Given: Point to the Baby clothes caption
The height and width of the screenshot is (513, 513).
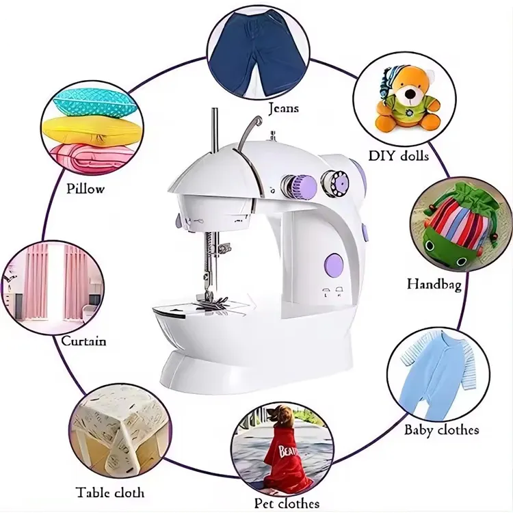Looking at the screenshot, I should click(x=442, y=430).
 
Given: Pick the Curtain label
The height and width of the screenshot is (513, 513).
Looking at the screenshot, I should click(x=83, y=341).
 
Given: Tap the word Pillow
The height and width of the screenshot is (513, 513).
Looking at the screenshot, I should click(x=85, y=188).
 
